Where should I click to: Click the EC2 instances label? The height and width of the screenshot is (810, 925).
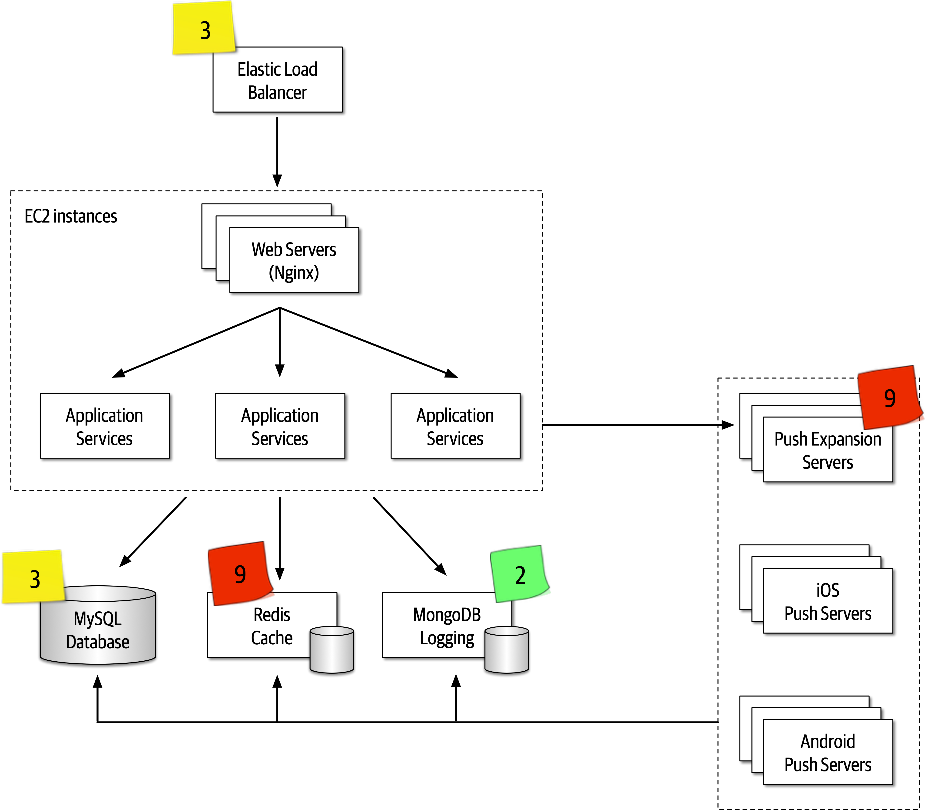71,216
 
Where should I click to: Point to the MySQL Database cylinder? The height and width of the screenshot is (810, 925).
98,633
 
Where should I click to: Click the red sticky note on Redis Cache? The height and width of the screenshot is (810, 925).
240,573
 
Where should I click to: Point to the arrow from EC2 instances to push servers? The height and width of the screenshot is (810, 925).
633,425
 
